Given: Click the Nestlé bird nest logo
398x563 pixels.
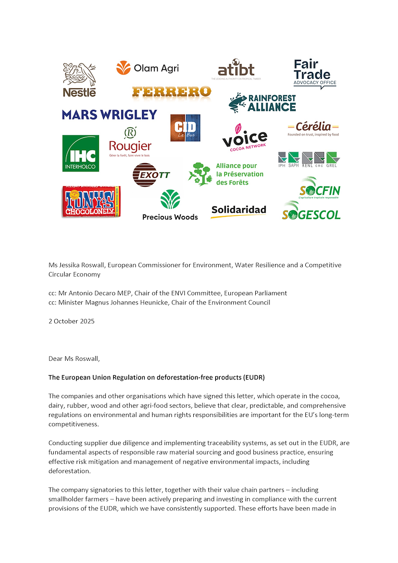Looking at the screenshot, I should [80, 79].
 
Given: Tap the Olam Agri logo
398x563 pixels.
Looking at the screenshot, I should [140, 68].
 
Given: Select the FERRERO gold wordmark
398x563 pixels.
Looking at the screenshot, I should [171, 92].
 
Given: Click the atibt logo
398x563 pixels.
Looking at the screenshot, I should [236, 69].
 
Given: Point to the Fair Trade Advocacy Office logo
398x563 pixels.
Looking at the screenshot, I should [315, 74].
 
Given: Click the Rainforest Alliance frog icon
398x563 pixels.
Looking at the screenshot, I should [238, 103].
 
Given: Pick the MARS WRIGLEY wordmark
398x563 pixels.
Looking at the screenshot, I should [109, 115].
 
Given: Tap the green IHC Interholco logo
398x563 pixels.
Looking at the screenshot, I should [80, 153].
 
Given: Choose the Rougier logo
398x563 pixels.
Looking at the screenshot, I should [130, 143].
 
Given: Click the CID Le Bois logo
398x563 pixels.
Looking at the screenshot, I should [185, 128].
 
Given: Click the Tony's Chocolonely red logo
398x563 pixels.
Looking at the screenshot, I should [91, 201].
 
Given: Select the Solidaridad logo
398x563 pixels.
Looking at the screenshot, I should [239, 211].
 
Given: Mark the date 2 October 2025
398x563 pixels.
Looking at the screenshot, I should [71, 322].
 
